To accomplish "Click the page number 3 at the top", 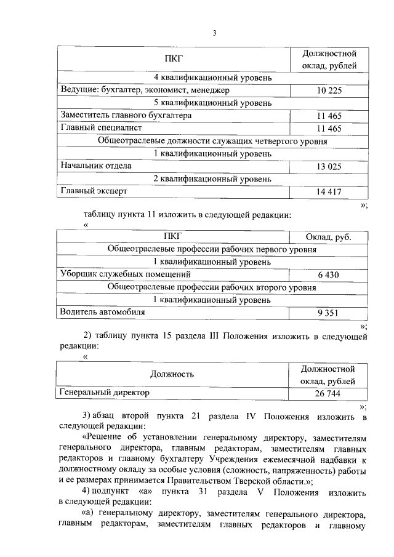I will coord(214,32).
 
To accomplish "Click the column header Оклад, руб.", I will coord(328,238).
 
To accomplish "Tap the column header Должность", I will coord(172,374).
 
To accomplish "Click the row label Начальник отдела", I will coord(95,166).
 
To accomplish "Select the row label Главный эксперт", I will coord(93,191).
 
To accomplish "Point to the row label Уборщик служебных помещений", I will coord(125,274).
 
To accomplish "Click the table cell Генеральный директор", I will coord(104,392).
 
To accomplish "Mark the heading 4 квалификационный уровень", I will coord(212,78).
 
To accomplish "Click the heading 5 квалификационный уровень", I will coord(212,103).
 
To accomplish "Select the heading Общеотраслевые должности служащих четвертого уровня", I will coord(212,141).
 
